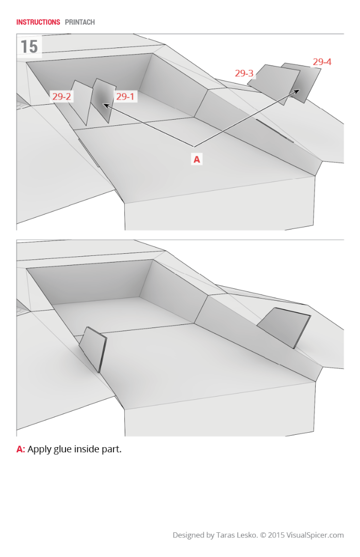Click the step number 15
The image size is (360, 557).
(29, 46)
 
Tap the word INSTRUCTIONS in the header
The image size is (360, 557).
(38, 22)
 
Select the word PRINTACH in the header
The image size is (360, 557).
(80, 22)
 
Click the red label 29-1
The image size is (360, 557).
(125, 96)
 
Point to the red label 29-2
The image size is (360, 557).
(61, 96)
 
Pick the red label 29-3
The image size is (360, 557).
(244, 73)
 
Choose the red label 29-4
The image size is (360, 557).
(322, 62)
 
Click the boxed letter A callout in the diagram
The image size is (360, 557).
(197, 160)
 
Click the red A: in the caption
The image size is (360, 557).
(21, 449)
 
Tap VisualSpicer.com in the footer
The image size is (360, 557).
(316, 535)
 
